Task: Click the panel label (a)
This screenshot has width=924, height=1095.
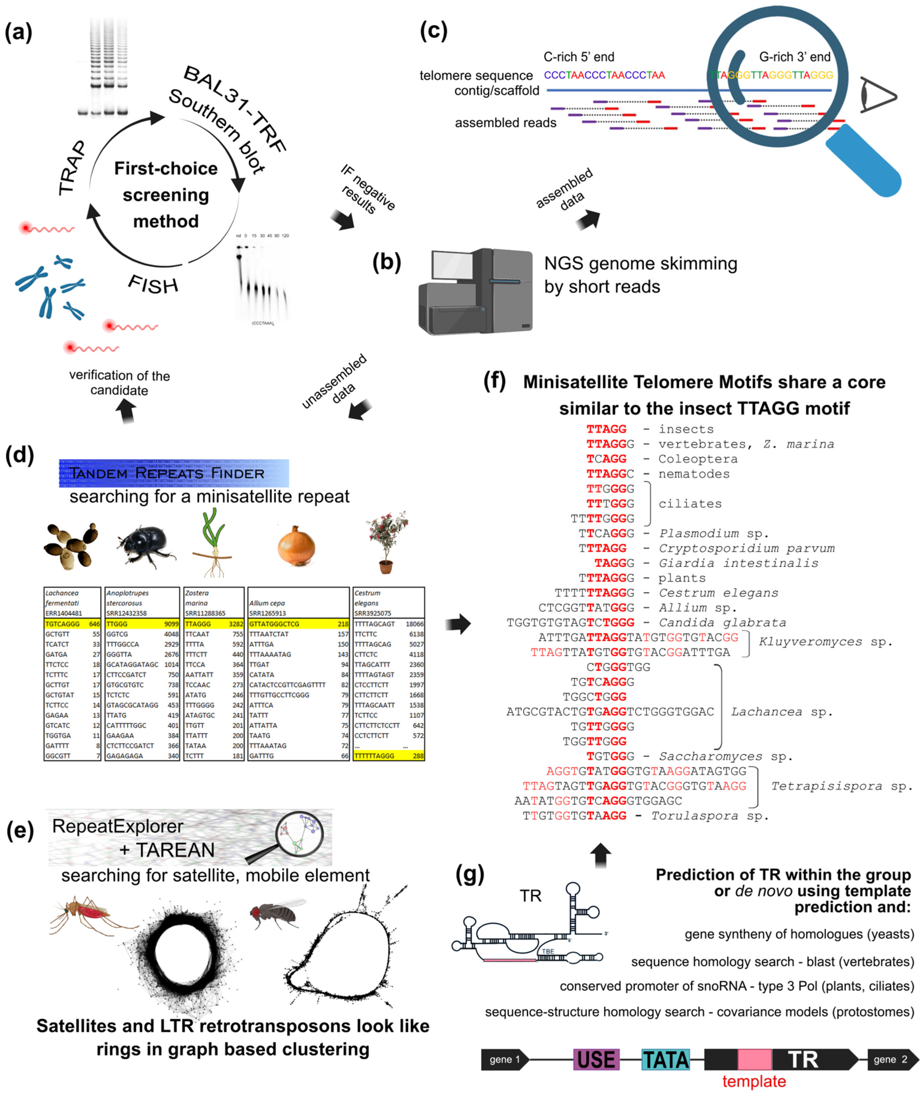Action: coord(18,32)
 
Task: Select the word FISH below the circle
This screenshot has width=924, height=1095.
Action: coord(153,284)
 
